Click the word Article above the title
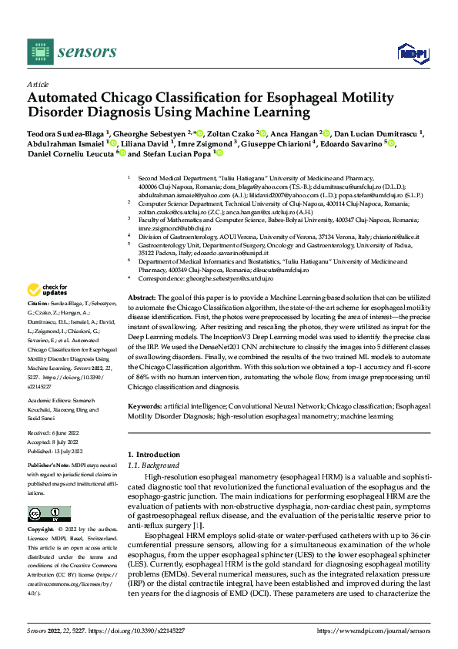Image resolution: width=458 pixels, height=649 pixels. pyautogui.click(x=37, y=84)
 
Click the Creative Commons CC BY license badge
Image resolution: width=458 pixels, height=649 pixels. pyautogui.click(x=49, y=514)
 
